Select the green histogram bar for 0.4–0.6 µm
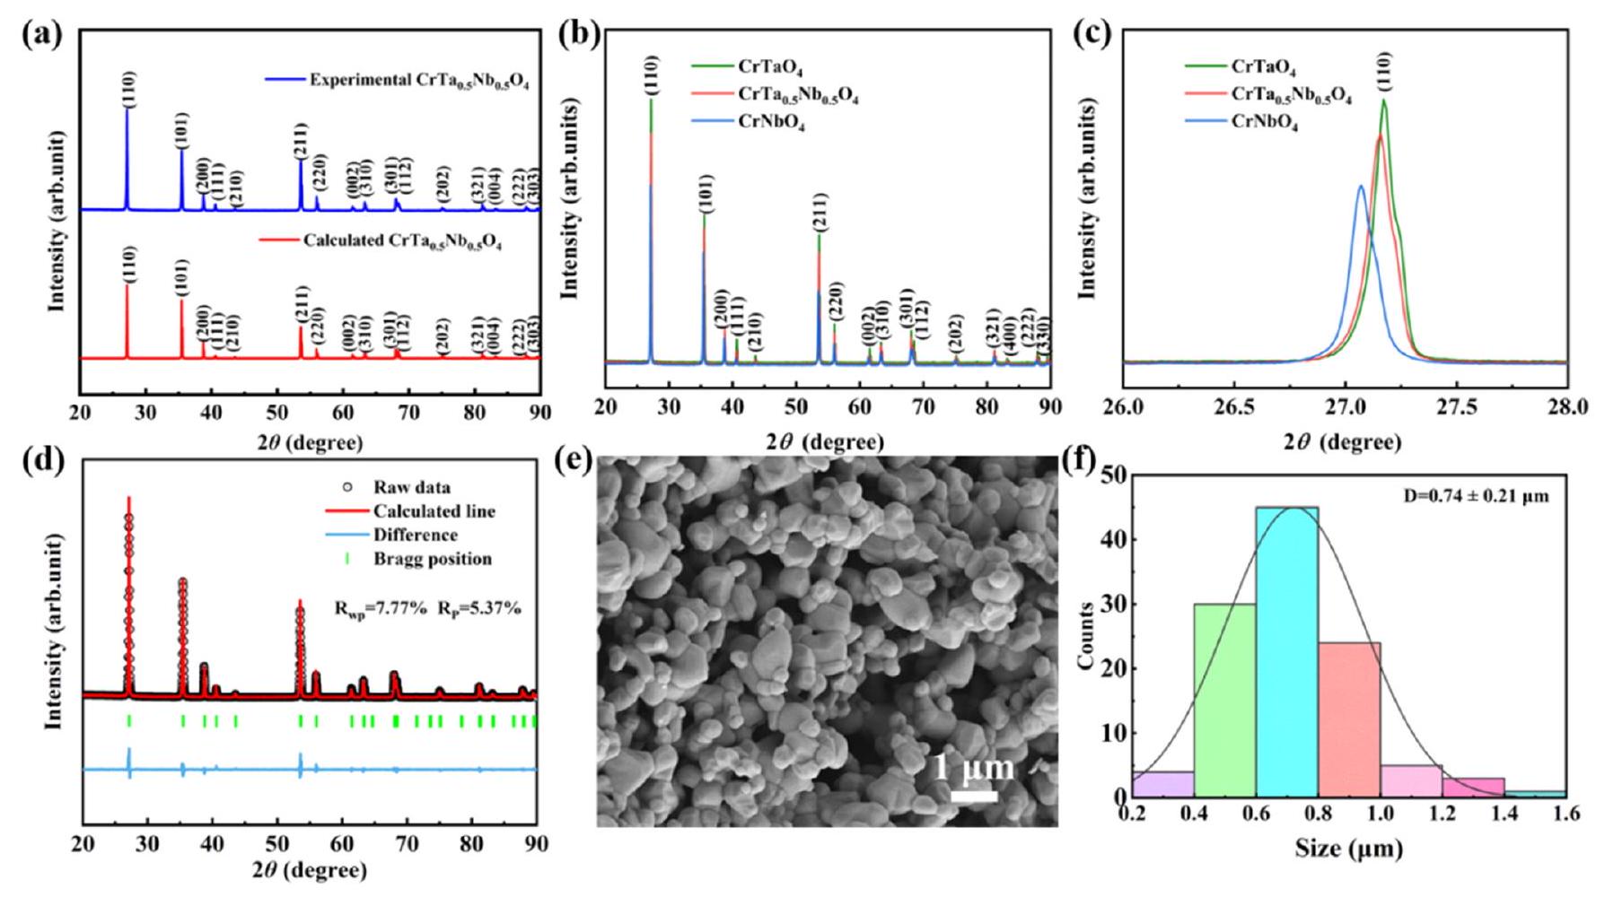point(1224,700)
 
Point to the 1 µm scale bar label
point(974,769)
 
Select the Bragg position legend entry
point(432,559)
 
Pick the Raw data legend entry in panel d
point(411,488)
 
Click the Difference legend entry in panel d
point(416,536)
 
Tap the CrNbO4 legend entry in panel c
point(1264,124)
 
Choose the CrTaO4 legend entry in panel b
point(770,67)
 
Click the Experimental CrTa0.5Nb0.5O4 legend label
point(418,81)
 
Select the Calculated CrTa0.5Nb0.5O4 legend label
point(401,241)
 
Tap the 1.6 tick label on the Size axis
point(1566,815)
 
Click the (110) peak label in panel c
point(1388,71)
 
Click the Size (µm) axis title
point(1348,849)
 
